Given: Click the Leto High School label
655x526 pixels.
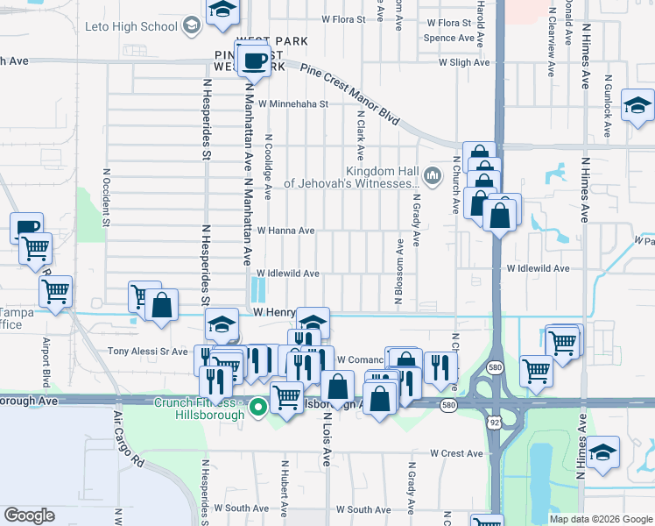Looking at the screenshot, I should point(131,26).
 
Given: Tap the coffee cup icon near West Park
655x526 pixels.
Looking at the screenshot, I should point(254,61).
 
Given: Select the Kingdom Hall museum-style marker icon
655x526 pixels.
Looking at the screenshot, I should point(431,176).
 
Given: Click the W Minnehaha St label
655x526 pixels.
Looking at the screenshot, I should point(292,103).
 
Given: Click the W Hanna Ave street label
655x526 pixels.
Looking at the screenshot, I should point(285,231).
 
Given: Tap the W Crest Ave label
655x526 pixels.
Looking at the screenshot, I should point(456,453).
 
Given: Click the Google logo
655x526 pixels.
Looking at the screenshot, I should point(29,515).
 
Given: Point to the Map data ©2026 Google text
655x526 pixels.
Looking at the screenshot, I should point(601,519).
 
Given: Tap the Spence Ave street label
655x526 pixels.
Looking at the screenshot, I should point(448,39).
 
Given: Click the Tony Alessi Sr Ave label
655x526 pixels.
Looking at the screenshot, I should point(147,352).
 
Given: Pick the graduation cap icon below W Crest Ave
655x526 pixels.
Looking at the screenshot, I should point(604,454).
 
